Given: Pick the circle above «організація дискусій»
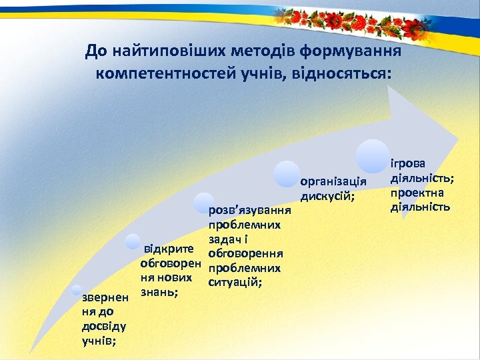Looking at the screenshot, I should pos(287,175).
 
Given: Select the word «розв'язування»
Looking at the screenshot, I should pos(245,211).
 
